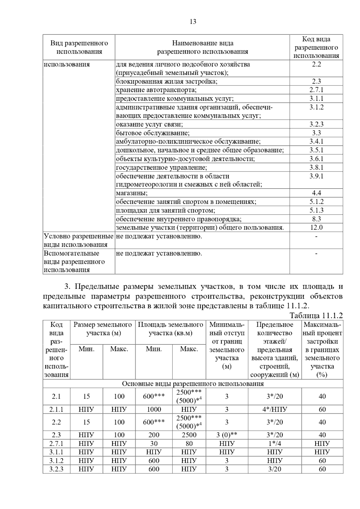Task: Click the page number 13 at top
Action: [193, 22]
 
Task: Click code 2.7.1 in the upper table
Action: [316, 90]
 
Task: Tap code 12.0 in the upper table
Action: [316, 228]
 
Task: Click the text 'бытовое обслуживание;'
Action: [153, 133]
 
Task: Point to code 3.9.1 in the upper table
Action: [316, 176]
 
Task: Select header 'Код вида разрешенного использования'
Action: [316, 47]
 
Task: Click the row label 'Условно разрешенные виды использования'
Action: [79, 240]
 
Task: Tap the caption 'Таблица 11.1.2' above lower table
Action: [316, 315]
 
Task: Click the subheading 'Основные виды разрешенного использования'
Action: [193, 384]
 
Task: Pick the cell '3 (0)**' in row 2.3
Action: [227, 435]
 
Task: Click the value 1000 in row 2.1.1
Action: [154, 409]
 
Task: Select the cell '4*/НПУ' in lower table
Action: [274, 409]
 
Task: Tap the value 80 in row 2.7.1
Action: [189, 444]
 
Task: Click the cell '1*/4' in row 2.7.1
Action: [274, 444]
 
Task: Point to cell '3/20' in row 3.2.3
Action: [274, 469]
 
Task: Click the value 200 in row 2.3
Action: [154, 435]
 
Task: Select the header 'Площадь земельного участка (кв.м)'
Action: [170, 329]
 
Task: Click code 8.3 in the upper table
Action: [316, 219]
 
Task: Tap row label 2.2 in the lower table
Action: [56, 422]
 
